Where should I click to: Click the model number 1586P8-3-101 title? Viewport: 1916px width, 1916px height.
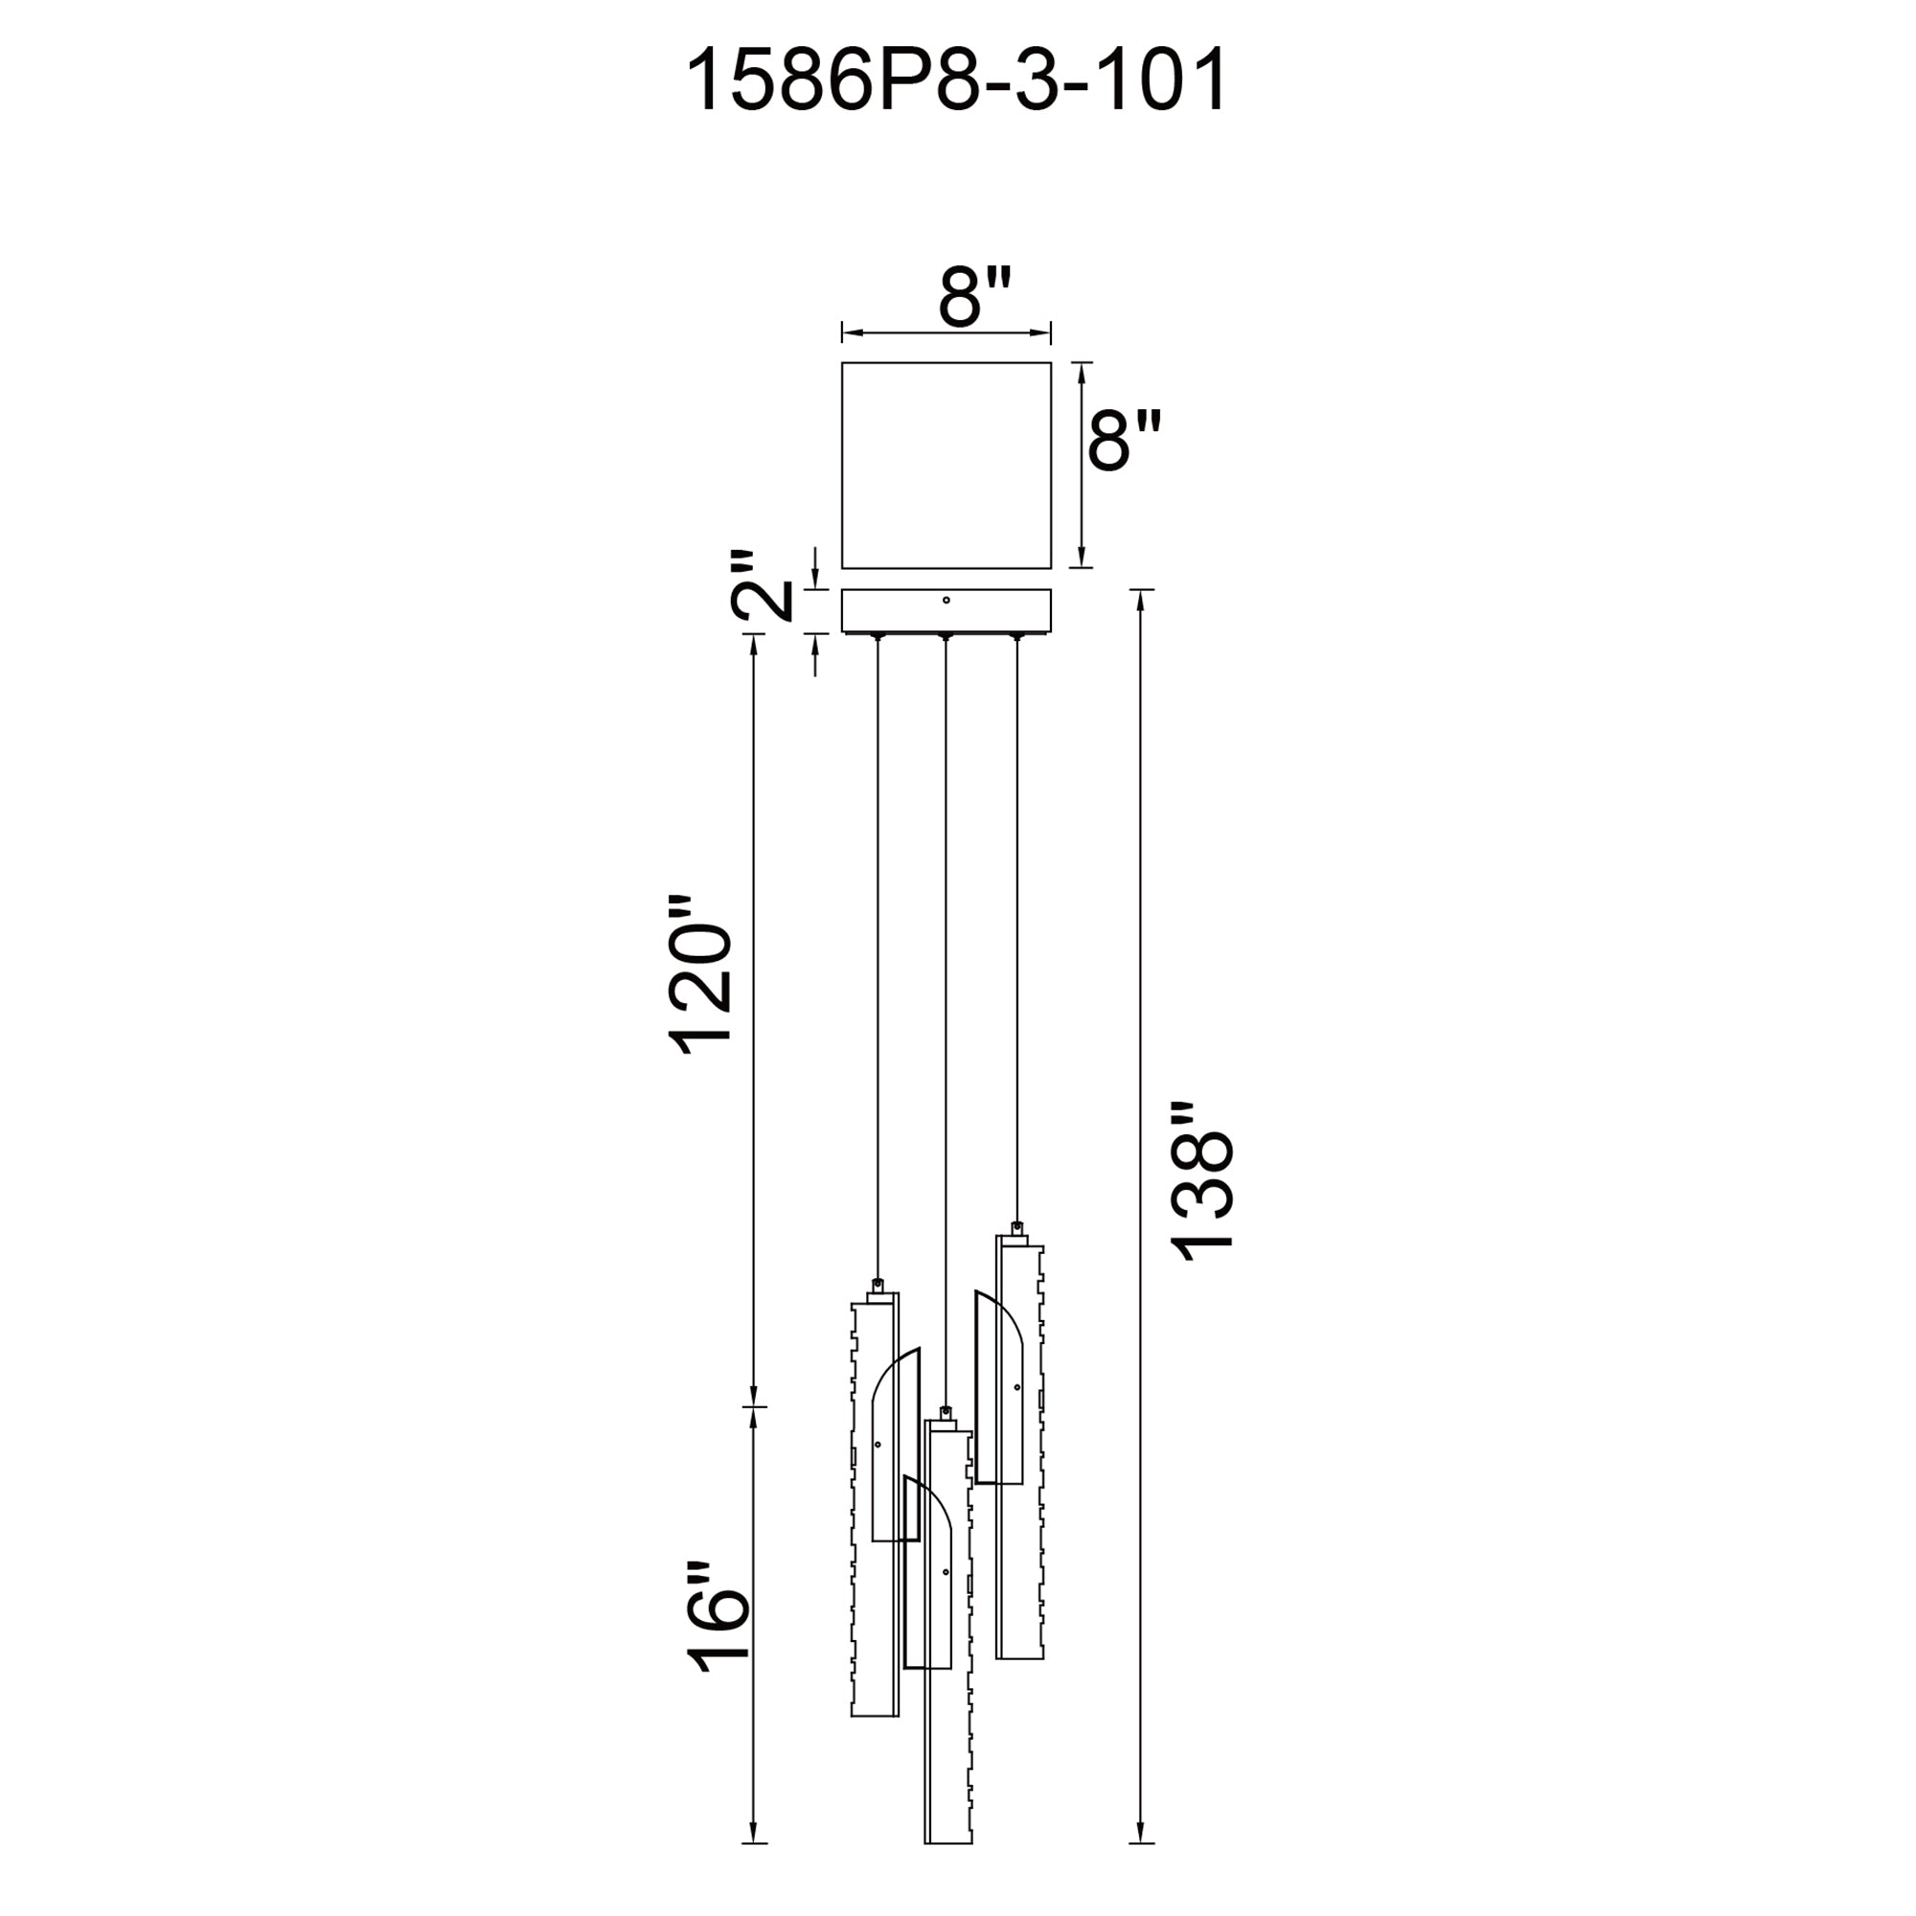point(957,80)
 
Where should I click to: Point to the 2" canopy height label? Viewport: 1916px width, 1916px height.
point(764,586)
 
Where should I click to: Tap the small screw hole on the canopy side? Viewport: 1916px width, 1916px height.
point(947,600)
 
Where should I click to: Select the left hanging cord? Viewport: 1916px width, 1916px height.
point(877,961)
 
